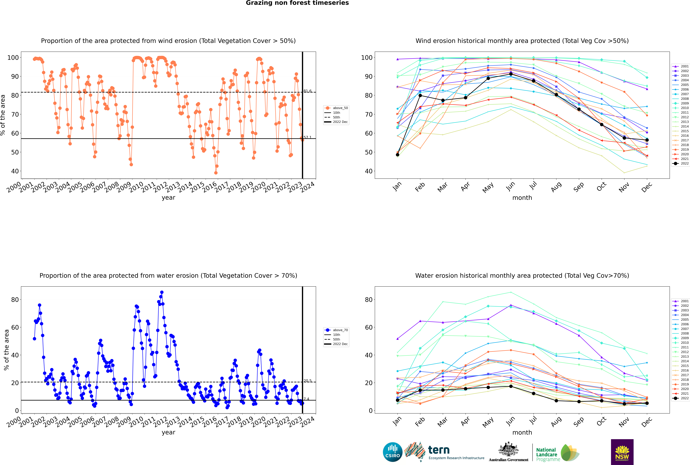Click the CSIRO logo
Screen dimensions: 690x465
[x=392, y=452]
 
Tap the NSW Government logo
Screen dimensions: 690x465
[x=622, y=452]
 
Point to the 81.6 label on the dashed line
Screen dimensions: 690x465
[x=307, y=91]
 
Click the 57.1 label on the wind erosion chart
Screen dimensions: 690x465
[x=307, y=137]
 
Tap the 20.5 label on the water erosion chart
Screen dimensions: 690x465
[x=307, y=381]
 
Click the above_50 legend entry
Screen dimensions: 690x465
[x=336, y=108]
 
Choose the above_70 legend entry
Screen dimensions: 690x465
[x=336, y=330]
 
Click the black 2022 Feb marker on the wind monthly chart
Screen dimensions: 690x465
[x=420, y=95]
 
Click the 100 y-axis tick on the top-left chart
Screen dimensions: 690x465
[x=13, y=58]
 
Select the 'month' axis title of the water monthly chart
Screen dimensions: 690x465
[x=522, y=432]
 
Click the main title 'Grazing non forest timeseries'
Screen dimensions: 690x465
[x=297, y=3]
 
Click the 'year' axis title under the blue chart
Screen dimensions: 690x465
[x=169, y=432]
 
